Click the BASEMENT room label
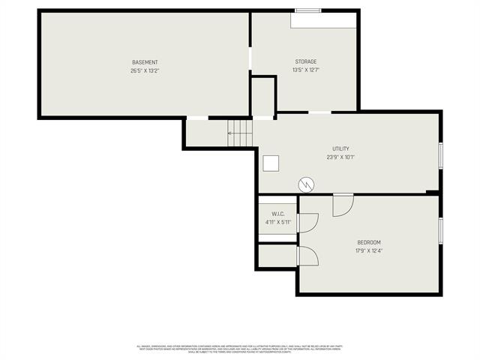145,62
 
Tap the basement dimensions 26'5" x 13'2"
145,70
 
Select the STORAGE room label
305,61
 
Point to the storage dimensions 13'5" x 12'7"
305,70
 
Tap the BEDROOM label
369,242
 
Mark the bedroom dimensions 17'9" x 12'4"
369,251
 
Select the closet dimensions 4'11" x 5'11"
277,222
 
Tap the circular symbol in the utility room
307,184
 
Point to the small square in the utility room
271,163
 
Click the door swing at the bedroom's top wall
343,205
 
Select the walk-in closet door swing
308,222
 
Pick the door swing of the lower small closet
308,256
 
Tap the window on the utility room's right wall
441,154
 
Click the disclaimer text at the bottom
239,349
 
